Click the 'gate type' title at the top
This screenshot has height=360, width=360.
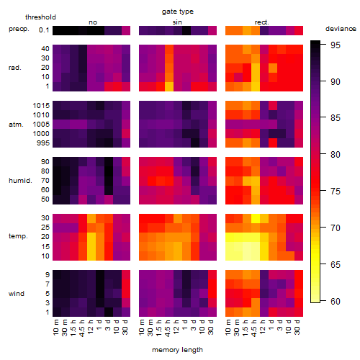pyautogui.click(x=178, y=12)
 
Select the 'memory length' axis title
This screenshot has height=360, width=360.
pyautogui.click(x=177, y=350)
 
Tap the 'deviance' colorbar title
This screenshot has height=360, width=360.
pyautogui.click(x=341, y=29)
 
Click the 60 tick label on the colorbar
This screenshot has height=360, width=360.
pyautogui.click(x=336, y=301)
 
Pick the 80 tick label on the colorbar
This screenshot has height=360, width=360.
pyautogui.click(x=336, y=155)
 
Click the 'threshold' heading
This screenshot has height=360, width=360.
pyautogui.click(x=40, y=17)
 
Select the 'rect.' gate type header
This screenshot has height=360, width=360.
pyautogui.click(x=261, y=22)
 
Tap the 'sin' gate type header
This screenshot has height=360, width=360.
pyautogui.click(x=177, y=22)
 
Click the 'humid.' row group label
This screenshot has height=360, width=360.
pyautogui.click(x=20, y=181)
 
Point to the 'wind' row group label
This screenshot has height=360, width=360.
pyautogui.click(x=17, y=294)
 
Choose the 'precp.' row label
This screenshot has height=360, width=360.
pyautogui.click(x=19, y=29)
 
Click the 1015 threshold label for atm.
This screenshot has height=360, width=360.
pyautogui.click(x=41, y=106)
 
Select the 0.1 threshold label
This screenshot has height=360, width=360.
pyautogui.click(x=44, y=30)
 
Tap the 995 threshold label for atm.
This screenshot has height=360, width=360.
pyautogui.click(x=43, y=143)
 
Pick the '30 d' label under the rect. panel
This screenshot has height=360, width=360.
pyautogui.click(x=297, y=327)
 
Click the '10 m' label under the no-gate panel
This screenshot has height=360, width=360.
pyautogui.click(x=55, y=327)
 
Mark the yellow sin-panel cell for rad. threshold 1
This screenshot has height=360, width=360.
pyautogui.click(x=169, y=86)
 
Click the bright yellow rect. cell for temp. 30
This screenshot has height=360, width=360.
pyautogui.click(x=256, y=218)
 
